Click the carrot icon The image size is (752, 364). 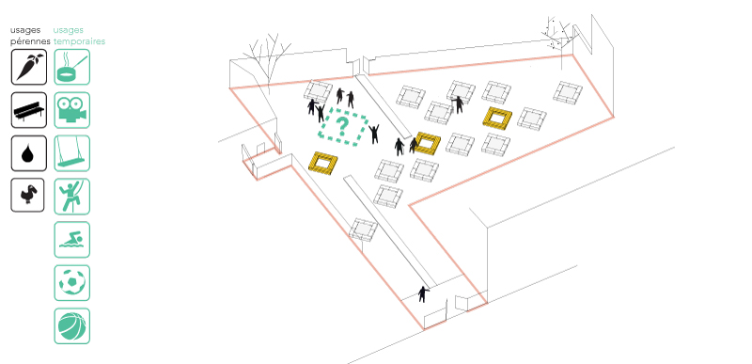pyautogui.click(x=29, y=67)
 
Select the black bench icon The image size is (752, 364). pyautogui.click(x=29, y=110)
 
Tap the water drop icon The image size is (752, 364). pyautogui.click(x=29, y=153)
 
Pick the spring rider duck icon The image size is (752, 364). pyautogui.click(x=28, y=196)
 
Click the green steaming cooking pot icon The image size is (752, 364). pyautogui.click(x=72, y=67)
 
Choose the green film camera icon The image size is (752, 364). pyautogui.click(x=72, y=110)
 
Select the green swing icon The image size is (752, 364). pyautogui.click(x=72, y=153)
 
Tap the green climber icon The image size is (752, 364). pyautogui.click(x=72, y=197)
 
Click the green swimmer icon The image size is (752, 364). pyautogui.click(x=72, y=239)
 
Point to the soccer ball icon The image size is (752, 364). pyautogui.click(x=72, y=282)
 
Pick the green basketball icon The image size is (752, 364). pyautogui.click(x=72, y=325)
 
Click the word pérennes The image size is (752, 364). pyautogui.click(x=30, y=41)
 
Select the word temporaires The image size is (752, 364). pyautogui.click(x=79, y=41)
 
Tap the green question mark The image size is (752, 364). pyautogui.click(x=342, y=126)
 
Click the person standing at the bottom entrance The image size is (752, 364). pyautogui.click(x=422, y=294)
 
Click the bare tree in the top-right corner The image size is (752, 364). pyautogui.click(x=556, y=33)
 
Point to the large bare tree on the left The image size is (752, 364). pyautogui.click(x=267, y=60)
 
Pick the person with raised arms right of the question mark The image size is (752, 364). pyautogui.click(x=374, y=134)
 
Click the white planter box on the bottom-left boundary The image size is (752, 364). pyautogui.click(x=364, y=229)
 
